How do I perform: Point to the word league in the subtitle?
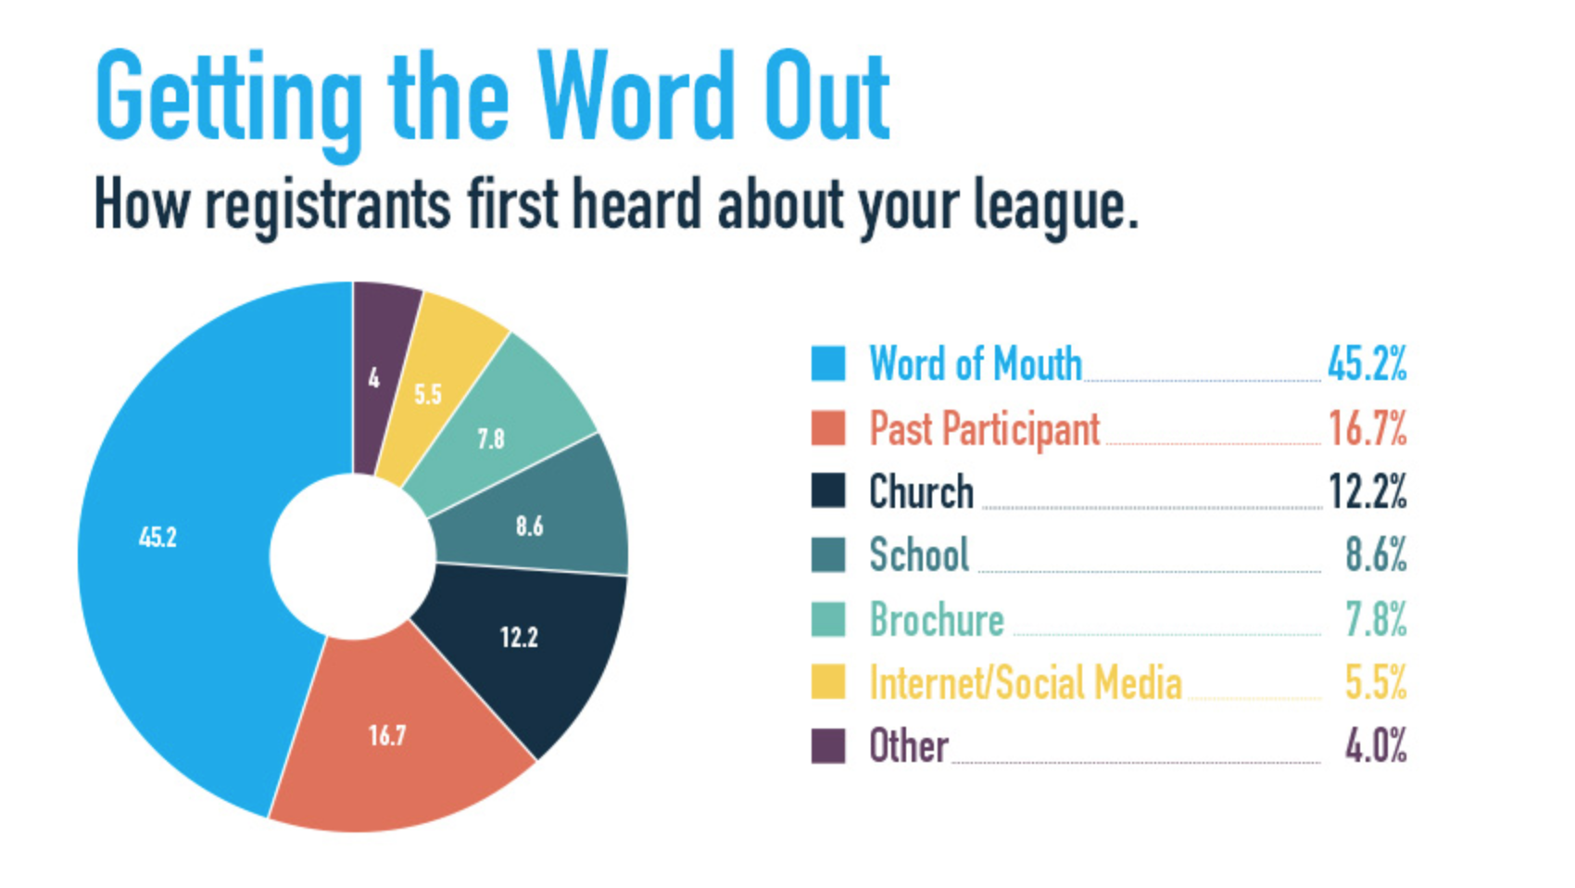[x=1052, y=206]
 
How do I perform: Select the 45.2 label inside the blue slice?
[x=157, y=537]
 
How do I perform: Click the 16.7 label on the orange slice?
[x=387, y=736]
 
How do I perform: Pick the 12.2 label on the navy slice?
[x=519, y=637]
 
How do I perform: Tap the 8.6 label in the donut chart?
[x=530, y=526]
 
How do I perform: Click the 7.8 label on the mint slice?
[x=491, y=438]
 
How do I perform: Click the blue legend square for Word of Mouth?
[x=827, y=363]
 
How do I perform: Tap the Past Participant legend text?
[x=984, y=428]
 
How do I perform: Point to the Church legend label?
[x=921, y=491]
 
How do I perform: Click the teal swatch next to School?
[x=827, y=555]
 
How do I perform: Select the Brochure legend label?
[x=936, y=619]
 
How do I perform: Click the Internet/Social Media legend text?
[x=1025, y=683]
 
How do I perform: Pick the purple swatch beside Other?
[x=827, y=745]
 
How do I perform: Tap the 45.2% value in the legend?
[x=1367, y=363]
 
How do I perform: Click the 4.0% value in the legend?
[x=1376, y=745]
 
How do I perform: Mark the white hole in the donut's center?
[x=352, y=556]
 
